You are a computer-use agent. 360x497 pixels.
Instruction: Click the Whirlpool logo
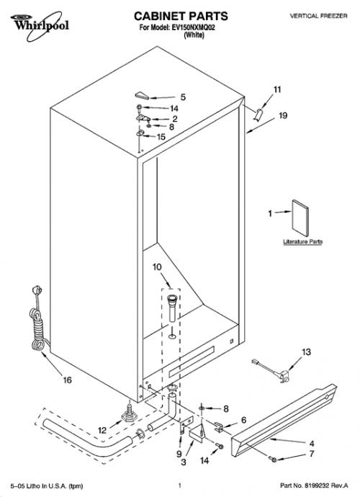[40, 25]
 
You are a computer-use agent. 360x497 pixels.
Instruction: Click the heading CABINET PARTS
[181, 16]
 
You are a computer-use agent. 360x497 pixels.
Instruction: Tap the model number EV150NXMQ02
[193, 27]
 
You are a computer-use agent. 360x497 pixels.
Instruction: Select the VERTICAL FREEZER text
[318, 16]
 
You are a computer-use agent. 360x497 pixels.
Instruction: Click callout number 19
[283, 116]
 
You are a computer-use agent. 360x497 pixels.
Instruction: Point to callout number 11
[277, 90]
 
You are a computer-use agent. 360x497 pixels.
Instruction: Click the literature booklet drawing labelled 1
[300, 218]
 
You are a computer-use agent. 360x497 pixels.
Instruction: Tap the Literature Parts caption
[302, 242]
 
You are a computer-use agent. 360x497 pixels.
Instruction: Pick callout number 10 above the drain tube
[157, 267]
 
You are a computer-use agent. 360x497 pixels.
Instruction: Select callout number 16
[68, 380]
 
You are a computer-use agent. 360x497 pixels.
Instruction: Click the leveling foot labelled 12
[129, 413]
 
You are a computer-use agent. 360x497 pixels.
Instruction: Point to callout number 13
[306, 352]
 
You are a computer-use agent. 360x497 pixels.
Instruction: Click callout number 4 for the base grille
[312, 444]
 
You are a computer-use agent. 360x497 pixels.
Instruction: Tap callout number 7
[312, 454]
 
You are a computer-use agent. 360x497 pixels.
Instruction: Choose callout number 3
[184, 462]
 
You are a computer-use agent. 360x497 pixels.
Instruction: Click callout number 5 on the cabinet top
[183, 97]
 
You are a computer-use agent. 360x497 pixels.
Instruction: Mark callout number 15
[161, 137]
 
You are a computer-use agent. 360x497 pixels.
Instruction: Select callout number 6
[243, 420]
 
